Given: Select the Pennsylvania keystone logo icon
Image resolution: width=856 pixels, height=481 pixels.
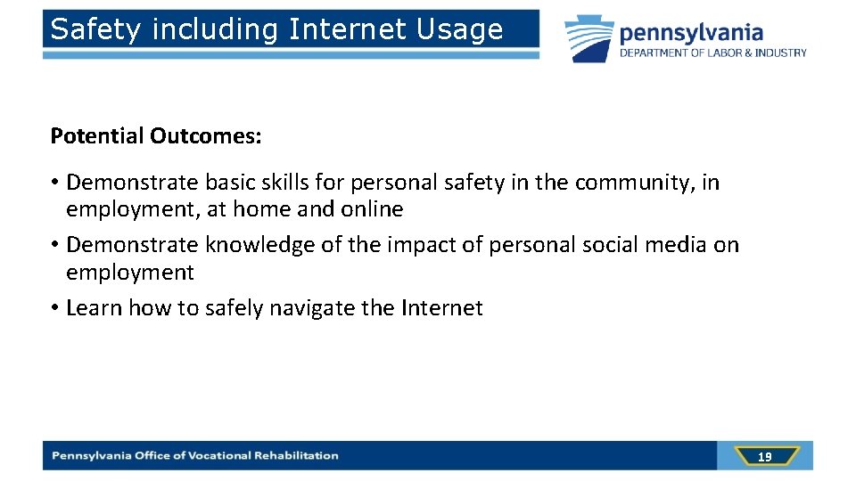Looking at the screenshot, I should (589, 38).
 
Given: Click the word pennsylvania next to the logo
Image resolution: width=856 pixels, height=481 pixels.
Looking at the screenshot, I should (692, 33).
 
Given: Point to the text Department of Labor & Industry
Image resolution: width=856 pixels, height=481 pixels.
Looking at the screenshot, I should (713, 53).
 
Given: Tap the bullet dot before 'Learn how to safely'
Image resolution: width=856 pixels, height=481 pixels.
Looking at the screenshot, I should (54, 308).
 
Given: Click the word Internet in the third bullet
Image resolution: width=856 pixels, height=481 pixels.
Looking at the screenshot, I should (441, 308).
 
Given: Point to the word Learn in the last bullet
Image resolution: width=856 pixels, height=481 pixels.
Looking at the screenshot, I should (94, 308).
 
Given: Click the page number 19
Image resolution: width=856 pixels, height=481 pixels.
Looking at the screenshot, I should (764, 456).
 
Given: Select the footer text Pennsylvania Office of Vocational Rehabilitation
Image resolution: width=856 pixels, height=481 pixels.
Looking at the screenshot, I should (195, 456).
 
